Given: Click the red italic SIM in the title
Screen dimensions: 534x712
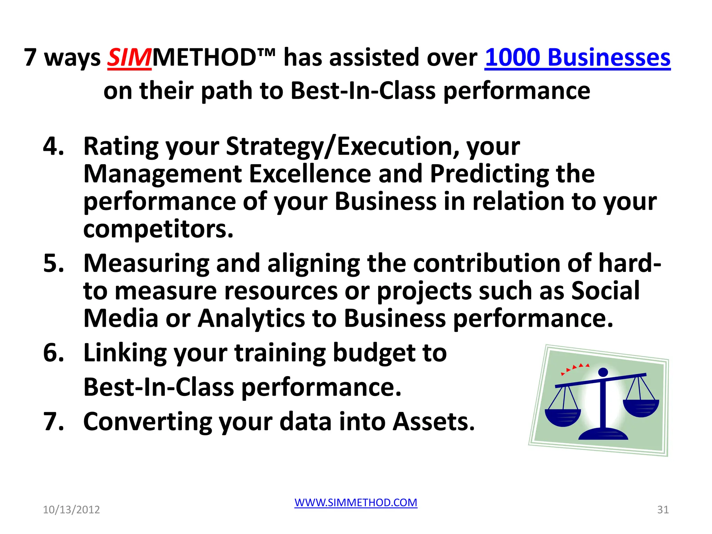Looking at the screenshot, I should point(129,58).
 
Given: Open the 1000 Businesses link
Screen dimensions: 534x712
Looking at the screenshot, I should point(577,58).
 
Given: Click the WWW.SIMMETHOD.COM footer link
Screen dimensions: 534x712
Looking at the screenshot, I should point(356,502).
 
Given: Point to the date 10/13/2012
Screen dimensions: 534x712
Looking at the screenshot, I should point(71,510).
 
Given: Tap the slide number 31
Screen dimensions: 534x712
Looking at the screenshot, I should point(663,510).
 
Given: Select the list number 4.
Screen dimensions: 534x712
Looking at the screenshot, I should point(53,146).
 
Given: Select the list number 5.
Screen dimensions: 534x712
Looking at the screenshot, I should point(53,263).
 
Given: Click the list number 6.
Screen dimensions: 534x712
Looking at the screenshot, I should point(53,353).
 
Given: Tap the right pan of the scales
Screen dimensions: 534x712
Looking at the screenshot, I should point(641,407).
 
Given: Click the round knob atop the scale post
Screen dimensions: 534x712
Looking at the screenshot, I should point(603,372).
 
